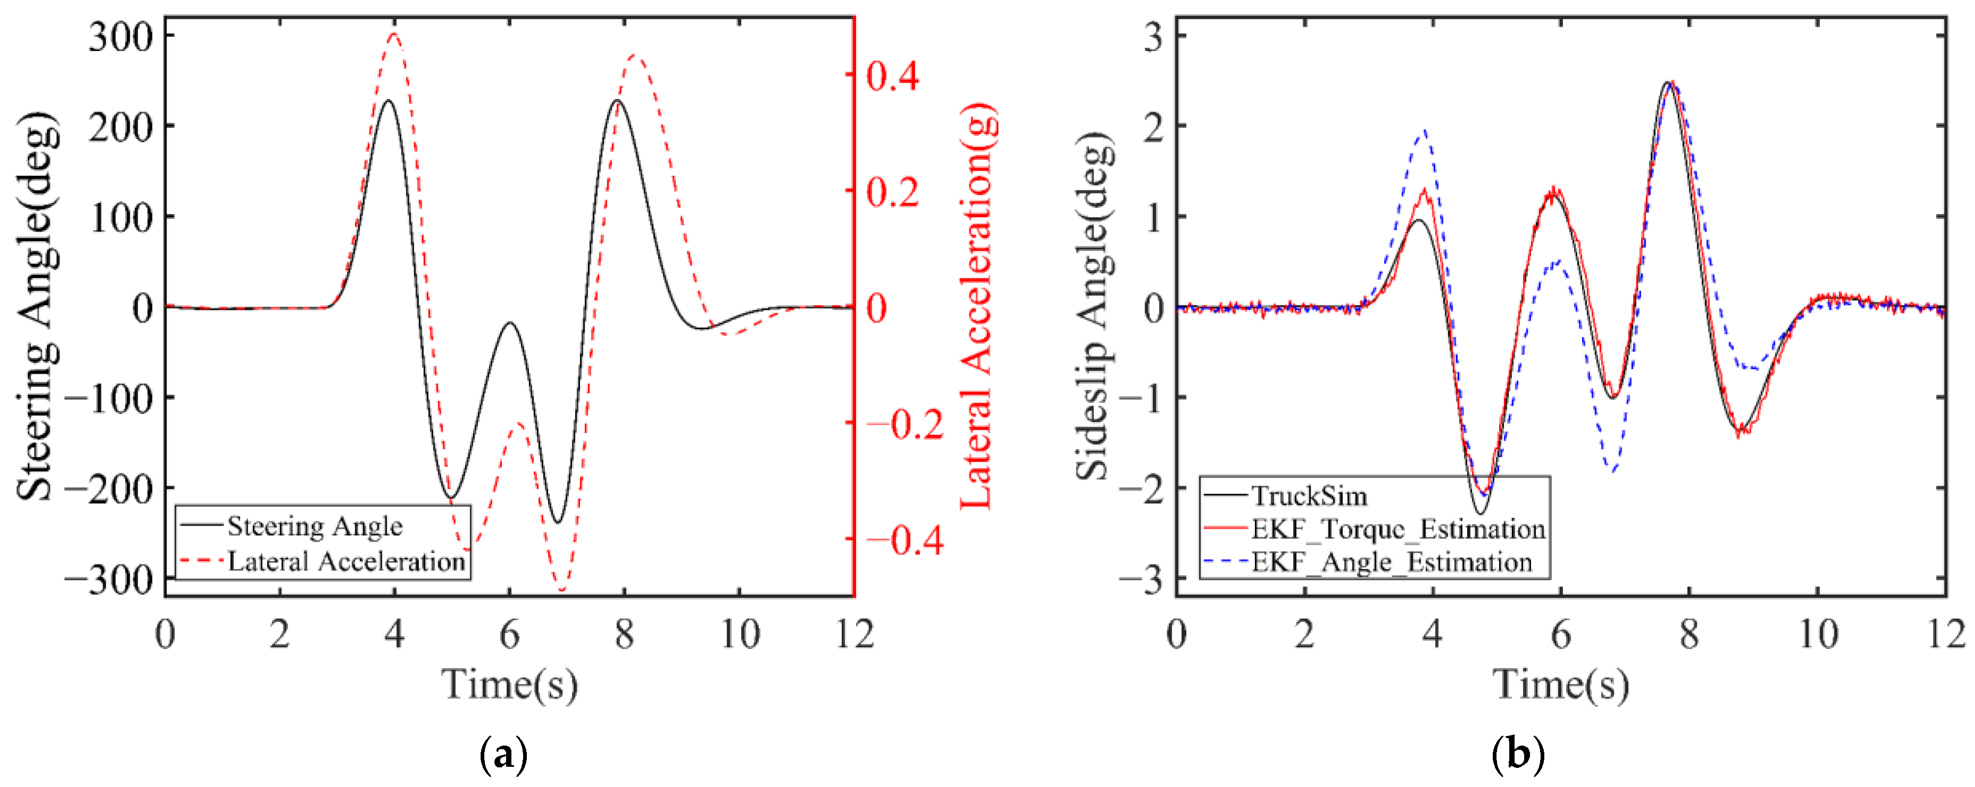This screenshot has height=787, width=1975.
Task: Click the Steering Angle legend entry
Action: pos(314,526)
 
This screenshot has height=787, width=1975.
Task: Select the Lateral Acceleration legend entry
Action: pos(346,562)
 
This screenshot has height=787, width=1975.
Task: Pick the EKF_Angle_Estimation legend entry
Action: pos(1391,562)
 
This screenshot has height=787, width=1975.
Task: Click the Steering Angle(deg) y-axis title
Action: pos(37,307)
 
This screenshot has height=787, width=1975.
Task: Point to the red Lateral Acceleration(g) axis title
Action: pos(978,307)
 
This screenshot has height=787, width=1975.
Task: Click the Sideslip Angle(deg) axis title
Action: pos(1094,307)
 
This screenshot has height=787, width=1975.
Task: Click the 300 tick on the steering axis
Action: pos(121,37)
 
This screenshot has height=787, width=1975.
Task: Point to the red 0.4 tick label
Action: pos(892,75)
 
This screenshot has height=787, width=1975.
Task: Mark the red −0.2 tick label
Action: pos(905,424)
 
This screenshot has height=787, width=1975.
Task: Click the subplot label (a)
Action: pos(503,755)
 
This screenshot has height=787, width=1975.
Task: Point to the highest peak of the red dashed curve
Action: pos(394,34)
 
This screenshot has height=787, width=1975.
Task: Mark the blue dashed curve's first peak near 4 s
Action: pos(1424,131)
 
